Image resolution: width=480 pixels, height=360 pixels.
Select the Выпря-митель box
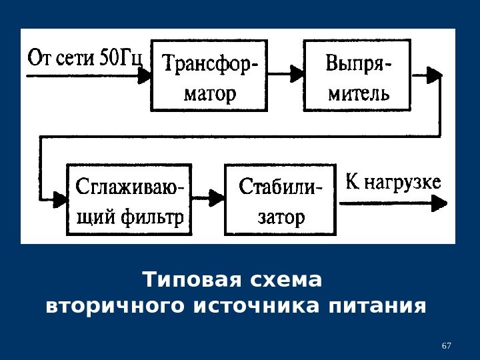click(x=359, y=75)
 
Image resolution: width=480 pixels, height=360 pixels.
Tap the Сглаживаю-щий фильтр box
click(x=129, y=199)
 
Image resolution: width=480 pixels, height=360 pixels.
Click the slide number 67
click(x=447, y=346)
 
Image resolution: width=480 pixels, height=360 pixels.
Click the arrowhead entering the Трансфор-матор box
click(x=146, y=75)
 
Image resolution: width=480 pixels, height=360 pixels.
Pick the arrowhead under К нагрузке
click(x=439, y=204)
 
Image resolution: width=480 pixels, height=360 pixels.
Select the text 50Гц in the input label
click(x=121, y=57)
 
